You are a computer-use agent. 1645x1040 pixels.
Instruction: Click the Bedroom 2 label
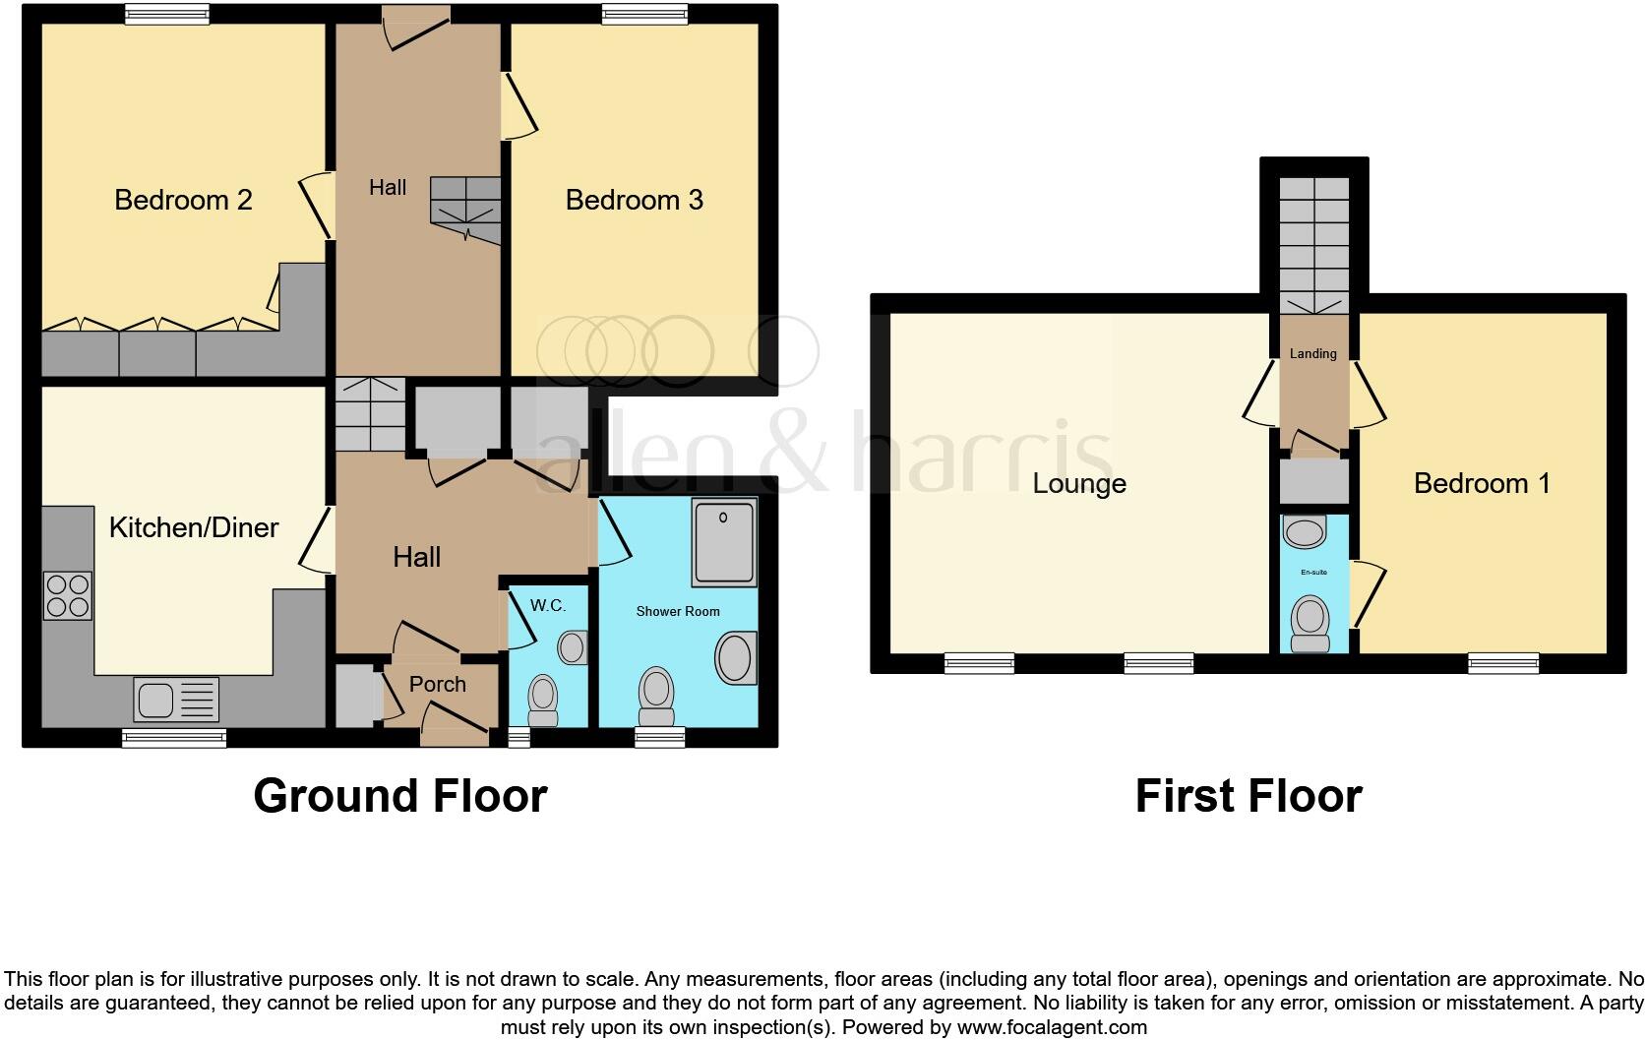click(x=183, y=200)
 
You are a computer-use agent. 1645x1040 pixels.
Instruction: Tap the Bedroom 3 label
click(x=634, y=200)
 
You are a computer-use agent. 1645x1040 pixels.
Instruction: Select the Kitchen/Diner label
click(x=193, y=527)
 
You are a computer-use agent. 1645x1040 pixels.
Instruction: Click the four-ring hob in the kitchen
click(x=68, y=595)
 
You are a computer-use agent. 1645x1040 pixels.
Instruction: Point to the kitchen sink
click(x=176, y=701)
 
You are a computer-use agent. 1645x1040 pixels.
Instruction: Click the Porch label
click(x=437, y=684)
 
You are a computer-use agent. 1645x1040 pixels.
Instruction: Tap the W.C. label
click(x=548, y=605)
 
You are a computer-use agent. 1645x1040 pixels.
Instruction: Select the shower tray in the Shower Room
click(x=725, y=540)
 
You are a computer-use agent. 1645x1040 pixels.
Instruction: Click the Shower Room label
click(x=678, y=611)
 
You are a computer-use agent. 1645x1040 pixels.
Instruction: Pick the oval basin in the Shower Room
click(x=735, y=658)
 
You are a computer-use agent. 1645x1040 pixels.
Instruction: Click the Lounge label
click(x=1079, y=483)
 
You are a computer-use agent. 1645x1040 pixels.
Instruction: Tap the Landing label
click(x=1313, y=353)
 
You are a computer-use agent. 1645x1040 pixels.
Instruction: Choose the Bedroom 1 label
click(x=1482, y=483)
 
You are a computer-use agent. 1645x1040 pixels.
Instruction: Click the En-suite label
click(x=1313, y=572)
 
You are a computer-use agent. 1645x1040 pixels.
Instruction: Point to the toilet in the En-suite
click(x=1310, y=623)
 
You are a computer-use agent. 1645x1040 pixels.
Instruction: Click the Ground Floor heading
click(x=399, y=795)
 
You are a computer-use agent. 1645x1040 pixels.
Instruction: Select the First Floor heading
click(x=1249, y=795)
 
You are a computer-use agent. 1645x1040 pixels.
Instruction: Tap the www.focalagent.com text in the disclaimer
click(x=1052, y=1027)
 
